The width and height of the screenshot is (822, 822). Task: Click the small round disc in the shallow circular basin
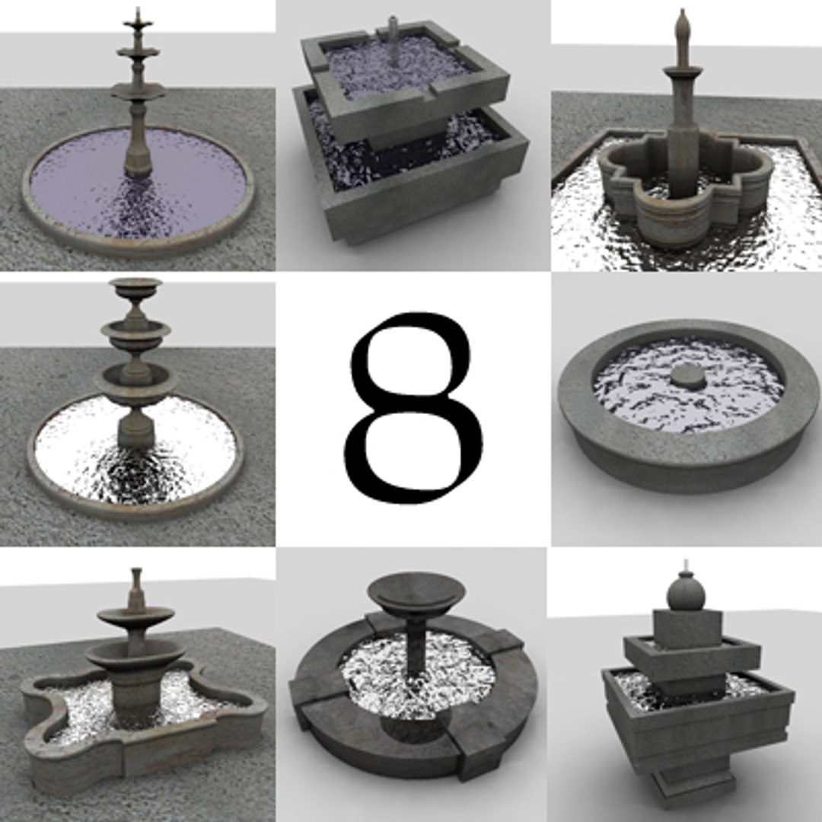pos(689,376)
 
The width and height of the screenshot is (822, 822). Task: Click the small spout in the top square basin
pos(393,30)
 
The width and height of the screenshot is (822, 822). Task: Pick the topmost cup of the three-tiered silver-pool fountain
pos(135,288)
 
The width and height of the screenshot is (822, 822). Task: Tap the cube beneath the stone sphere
pos(687,627)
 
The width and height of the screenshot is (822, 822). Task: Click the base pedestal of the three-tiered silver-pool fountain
pos(135,431)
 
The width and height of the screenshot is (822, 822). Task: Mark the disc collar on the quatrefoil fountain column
pos(683,72)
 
